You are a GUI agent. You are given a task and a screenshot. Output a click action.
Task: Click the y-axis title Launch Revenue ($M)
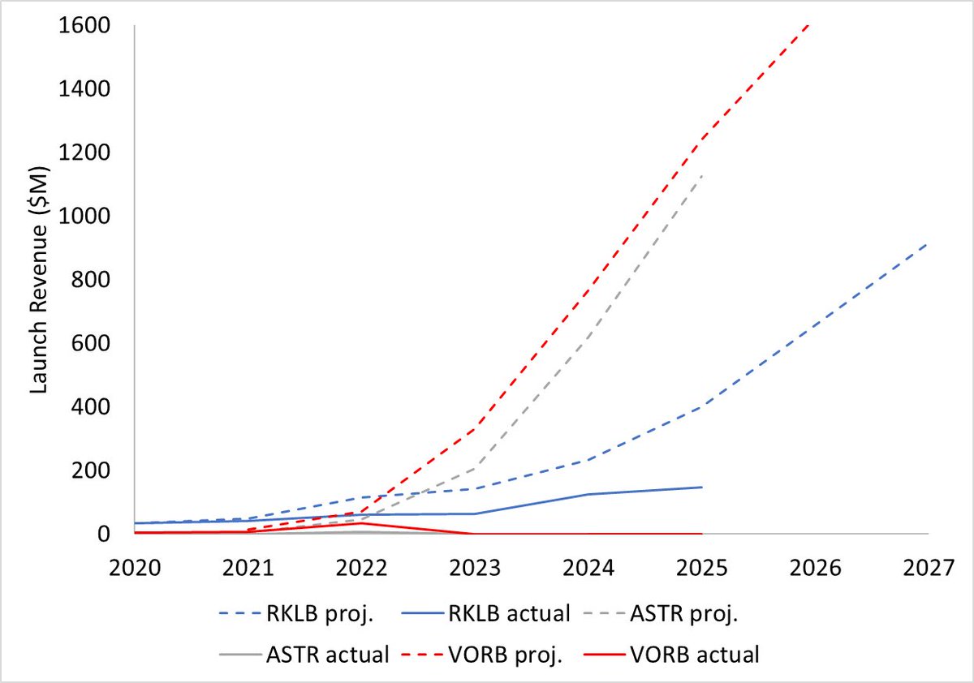pyautogui.click(x=39, y=280)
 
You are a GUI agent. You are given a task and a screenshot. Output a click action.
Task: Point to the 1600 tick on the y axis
pyautogui.click(x=84, y=25)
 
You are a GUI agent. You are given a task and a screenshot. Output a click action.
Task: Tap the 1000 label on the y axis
pyautogui.click(x=84, y=216)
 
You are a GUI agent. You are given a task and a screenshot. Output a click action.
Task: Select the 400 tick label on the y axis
pyautogui.click(x=90, y=406)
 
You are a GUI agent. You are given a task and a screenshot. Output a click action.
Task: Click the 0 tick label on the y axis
pyautogui.click(x=104, y=534)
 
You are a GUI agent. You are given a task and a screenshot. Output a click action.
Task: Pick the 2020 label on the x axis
pyautogui.click(x=135, y=568)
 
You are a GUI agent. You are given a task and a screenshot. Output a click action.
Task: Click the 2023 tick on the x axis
pyautogui.click(x=475, y=568)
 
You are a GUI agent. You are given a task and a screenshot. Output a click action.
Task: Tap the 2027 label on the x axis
pyautogui.click(x=929, y=568)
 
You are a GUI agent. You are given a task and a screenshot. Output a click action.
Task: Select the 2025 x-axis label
pyautogui.click(x=702, y=568)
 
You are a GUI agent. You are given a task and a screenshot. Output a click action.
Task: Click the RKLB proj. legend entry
pyautogui.click(x=296, y=613)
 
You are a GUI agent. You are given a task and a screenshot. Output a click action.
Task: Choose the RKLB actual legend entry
pyautogui.click(x=485, y=613)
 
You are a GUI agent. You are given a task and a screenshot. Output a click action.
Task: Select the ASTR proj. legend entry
pyautogui.click(x=661, y=613)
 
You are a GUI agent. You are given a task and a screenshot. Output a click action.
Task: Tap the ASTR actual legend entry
pyautogui.click(x=304, y=655)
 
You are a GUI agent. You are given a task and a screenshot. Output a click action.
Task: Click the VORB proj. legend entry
pyautogui.click(x=482, y=655)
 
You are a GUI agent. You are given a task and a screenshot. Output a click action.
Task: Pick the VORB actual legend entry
pyautogui.click(x=671, y=655)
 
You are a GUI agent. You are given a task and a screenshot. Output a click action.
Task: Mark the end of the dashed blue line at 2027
pyautogui.click(x=928, y=243)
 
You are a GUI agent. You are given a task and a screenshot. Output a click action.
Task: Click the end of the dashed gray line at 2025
pyautogui.click(x=702, y=175)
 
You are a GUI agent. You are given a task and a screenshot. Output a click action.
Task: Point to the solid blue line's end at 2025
pyautogui.click(x=702, y=487)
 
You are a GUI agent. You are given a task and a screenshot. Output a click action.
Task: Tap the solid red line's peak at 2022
pyautogui.click(x=361, y=522)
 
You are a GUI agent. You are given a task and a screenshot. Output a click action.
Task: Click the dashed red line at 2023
pyautogui.click(x=475, y=428)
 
